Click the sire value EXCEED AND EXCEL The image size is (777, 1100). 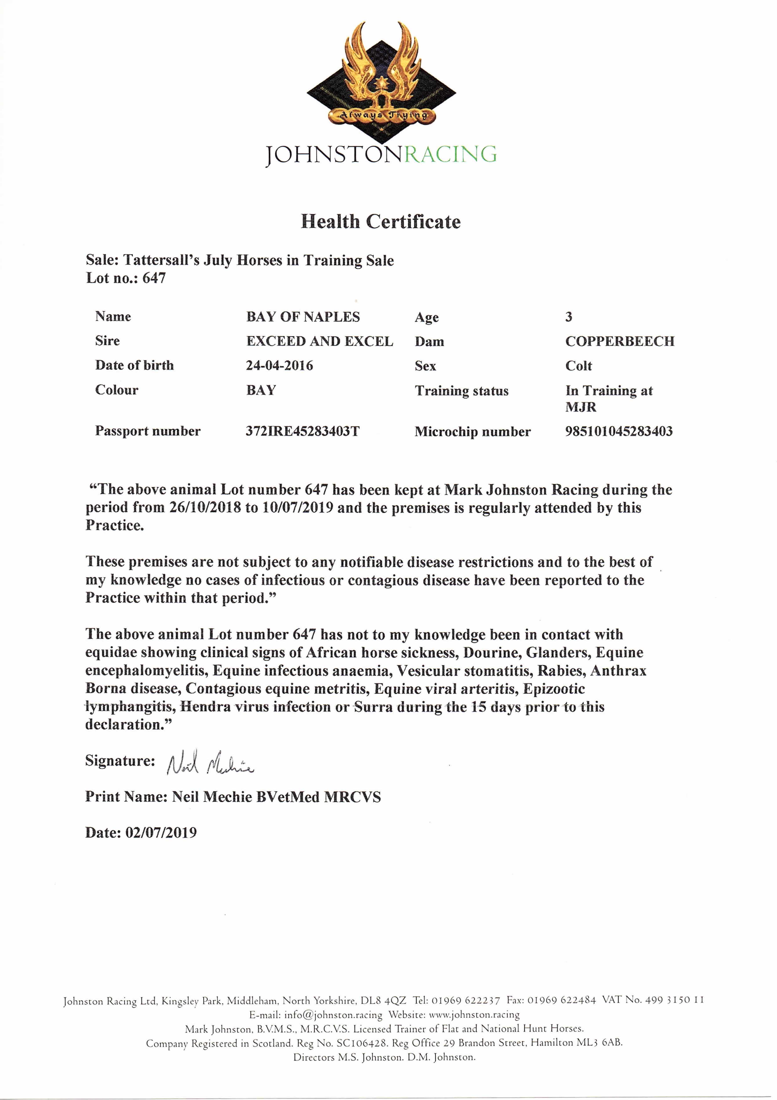pos(319,341)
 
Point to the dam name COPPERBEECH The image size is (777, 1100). pos(619,341)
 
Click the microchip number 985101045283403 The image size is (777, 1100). pos(619,431)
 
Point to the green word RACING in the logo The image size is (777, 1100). pos(450,154)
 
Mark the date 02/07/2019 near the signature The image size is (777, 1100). pos(161,833)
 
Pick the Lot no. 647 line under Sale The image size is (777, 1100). pos(126,278)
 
